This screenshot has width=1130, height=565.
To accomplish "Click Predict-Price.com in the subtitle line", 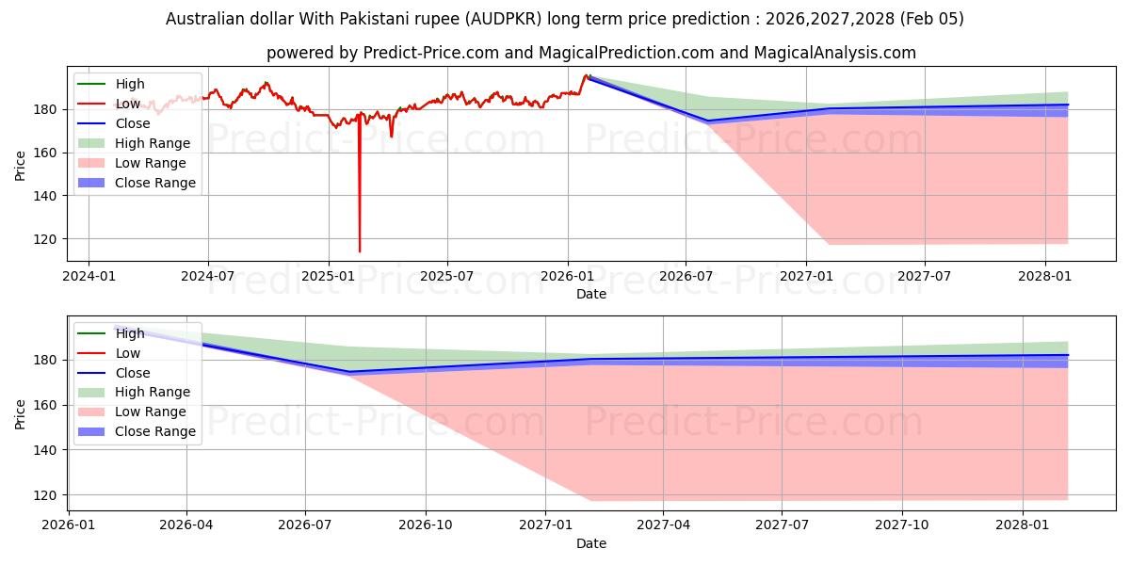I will coord(429,53).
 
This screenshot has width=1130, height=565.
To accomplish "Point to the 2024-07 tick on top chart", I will coord(208,276).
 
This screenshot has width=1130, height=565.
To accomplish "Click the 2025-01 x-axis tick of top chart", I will coord(328,276).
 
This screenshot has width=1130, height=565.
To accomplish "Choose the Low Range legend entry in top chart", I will coord(150,163).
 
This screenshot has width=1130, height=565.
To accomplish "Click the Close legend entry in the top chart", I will coord(132,123).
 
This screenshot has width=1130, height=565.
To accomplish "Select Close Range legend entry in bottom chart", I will coord(155,431).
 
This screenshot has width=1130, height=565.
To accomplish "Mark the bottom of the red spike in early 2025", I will coord(359,251).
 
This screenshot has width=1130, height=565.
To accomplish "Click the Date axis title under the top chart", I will coord(591,294).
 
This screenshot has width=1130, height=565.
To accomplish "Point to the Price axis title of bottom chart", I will coord(21,413).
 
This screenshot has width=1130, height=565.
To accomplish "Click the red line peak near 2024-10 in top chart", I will coord(266,83).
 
